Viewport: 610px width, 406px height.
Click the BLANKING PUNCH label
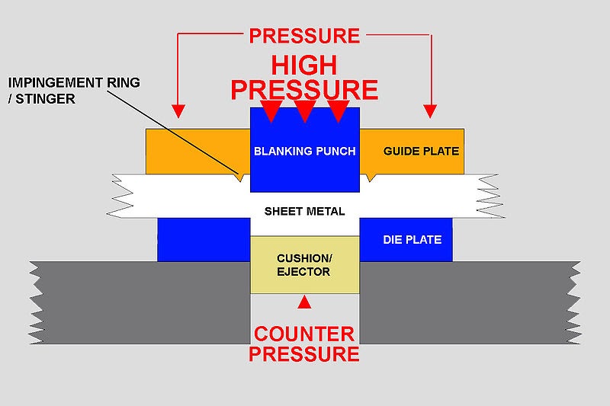coord(304,151)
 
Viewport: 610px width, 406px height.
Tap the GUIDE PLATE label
coord(410,151)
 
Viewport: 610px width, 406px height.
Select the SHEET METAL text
coord(304,211)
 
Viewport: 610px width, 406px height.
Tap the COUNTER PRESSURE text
coord(304,344)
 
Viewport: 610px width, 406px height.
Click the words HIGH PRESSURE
coord(304,78)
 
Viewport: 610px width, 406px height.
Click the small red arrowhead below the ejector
coord(304,302)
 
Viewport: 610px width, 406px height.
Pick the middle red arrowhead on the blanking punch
coord(304,111)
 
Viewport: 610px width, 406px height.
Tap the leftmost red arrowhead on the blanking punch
coord(271,111)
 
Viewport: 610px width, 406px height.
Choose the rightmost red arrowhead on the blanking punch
coord(338,111)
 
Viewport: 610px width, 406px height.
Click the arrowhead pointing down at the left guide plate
coord(178,111)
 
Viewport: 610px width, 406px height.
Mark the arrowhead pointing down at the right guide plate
coord(432,111)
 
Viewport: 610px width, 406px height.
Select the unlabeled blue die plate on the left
coord(204,239)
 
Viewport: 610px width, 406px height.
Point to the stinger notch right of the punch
coord(370,178)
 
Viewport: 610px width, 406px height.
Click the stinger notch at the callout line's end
coord(240,178)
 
